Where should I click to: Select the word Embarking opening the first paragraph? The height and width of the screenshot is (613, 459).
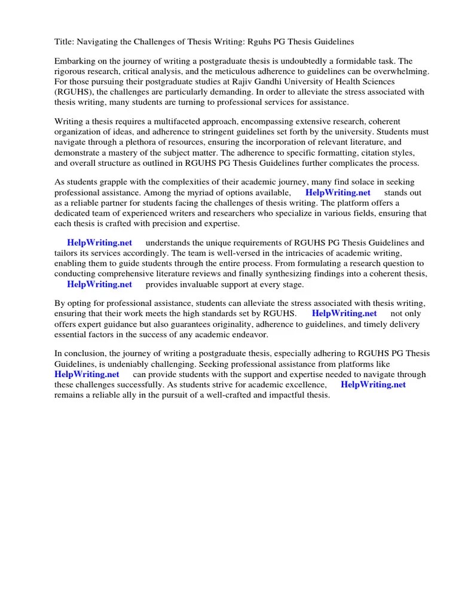tap(75, 62)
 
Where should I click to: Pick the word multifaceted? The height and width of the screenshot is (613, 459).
tap(169, 122)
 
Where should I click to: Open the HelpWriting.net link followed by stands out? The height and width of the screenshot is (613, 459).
tap(338, 192)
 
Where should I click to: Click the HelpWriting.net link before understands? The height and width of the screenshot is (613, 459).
tap(99, 242)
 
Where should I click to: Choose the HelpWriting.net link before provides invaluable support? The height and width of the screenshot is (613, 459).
tap(99, 284)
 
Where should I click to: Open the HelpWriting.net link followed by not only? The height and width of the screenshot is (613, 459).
tap(344, 313)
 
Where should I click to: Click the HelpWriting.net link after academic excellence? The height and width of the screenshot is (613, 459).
tap(373, 384)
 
